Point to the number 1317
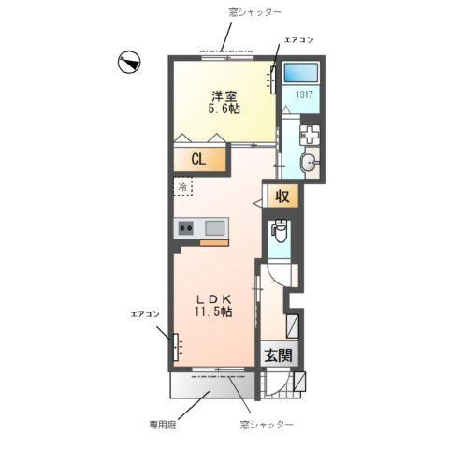coord(305,94)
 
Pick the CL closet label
coord(199,159)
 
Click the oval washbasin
coord(311,165)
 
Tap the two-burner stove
coord(184,227)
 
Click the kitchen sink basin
coord(214,227)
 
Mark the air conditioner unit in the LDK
coord(174,345)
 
